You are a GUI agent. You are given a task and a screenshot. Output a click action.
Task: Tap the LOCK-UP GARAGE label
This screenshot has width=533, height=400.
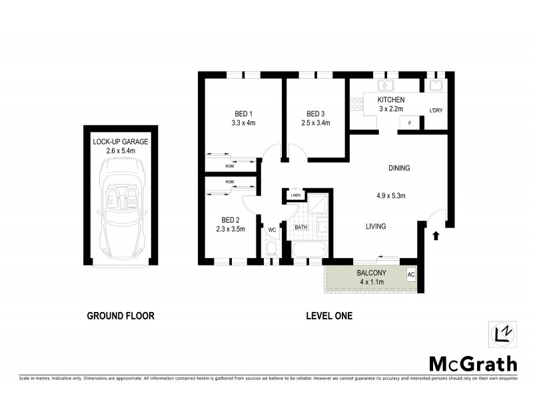[x=121, y=142]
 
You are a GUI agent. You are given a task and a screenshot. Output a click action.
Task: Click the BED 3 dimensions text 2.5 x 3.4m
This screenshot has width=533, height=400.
[x=316, y=123]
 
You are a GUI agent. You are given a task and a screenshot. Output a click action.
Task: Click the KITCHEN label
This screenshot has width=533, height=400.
[x=392, y=99]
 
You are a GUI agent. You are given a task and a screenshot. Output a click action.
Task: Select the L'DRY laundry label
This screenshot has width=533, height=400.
[x=436, y=110]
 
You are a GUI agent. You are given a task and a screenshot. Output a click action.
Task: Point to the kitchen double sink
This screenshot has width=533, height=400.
[x=386, y=85]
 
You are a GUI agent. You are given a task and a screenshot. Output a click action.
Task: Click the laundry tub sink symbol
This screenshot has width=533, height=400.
[x=436, y=85]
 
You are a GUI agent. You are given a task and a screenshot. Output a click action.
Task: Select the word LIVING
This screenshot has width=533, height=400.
[x=376, y=227]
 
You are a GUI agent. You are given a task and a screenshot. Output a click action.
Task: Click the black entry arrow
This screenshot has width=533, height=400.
[x=436, y=235]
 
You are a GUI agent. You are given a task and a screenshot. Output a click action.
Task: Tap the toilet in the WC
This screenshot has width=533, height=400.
[x=271, y=249]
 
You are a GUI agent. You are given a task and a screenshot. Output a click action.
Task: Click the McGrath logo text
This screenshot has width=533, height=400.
[x=472, y=363]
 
